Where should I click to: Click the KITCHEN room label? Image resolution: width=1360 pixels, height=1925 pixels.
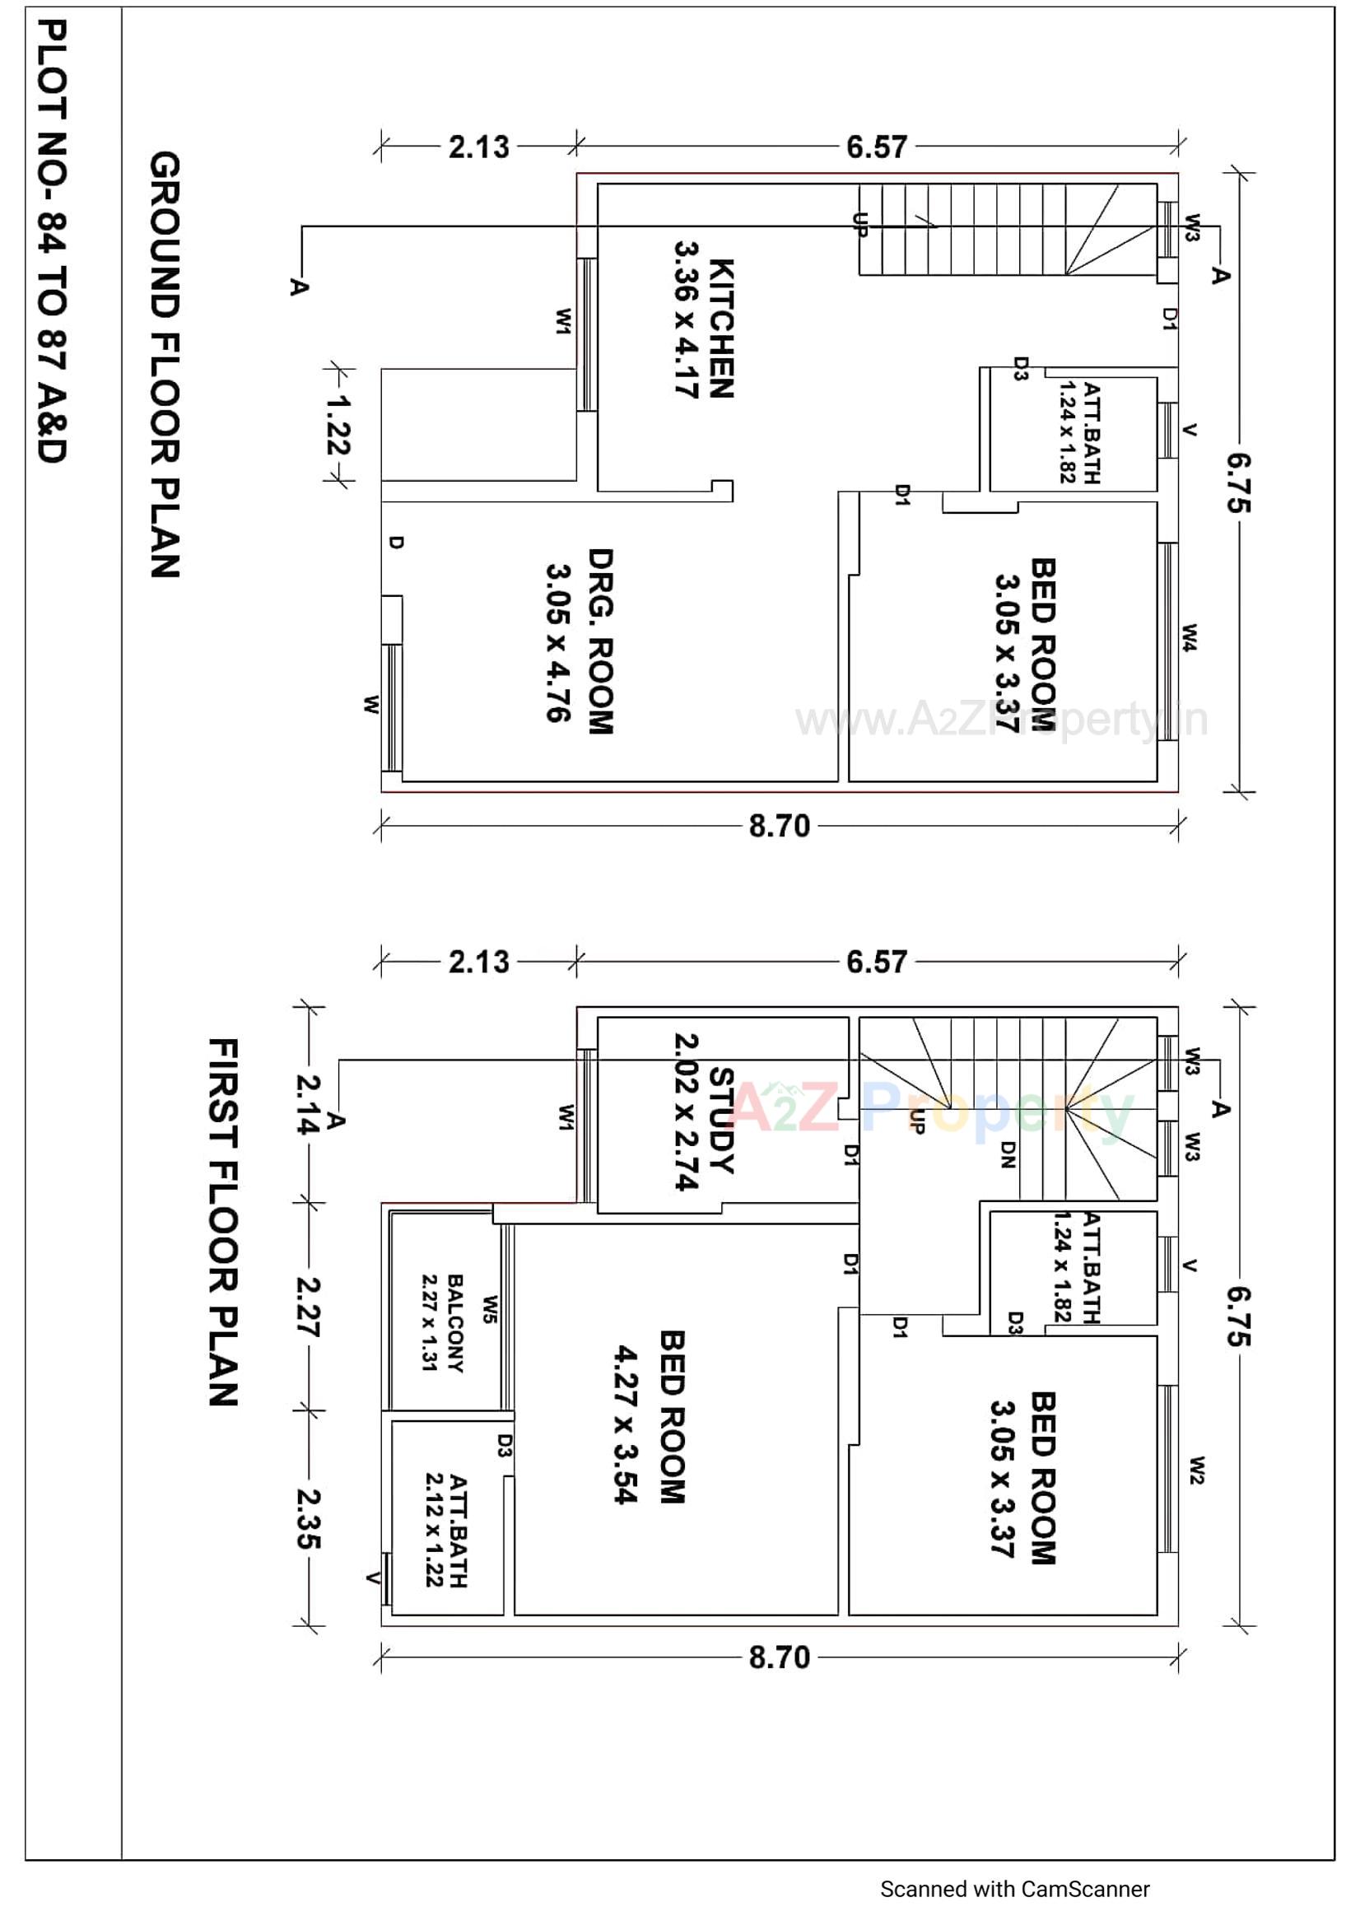coord(721,328)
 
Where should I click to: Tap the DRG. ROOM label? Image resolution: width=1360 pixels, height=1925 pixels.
coord(600,641)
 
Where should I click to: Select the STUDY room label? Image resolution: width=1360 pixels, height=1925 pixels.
coord(721,1119)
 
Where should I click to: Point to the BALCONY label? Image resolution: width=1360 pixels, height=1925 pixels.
coord(455,1323)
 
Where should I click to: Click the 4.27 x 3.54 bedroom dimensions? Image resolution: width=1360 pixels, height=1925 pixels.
coord(626,1424)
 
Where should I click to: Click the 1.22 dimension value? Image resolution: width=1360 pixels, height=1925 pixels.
coord(338,425)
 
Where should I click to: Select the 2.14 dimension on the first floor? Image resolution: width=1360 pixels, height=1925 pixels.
coord(308,1104)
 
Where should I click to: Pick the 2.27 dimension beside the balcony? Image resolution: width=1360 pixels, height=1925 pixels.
coord(308,1306)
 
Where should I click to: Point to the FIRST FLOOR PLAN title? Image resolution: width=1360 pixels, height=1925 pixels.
coord(223,1222)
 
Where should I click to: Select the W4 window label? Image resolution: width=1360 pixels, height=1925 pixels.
coord(1190,637)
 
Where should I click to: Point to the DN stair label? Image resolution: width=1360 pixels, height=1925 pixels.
coord(1008,1154)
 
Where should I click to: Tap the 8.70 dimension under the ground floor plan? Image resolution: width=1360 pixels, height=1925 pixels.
coord(779,827)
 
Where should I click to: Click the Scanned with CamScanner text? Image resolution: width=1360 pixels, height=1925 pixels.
coord(1013,1888)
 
